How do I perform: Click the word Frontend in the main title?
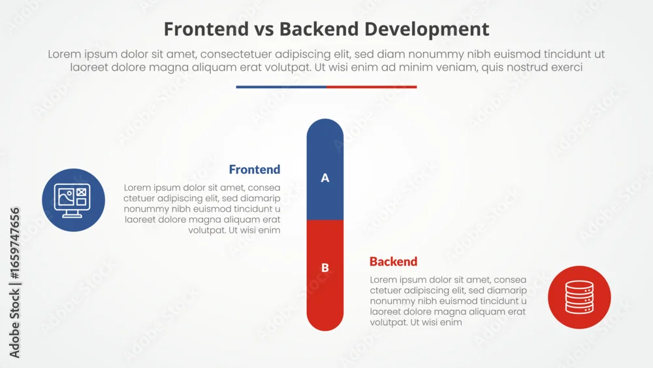pos(206,29)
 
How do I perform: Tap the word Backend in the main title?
pos(319,29)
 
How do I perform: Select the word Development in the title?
pos(427,30)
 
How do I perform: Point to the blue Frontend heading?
pos(255,170)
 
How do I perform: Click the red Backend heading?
pos(393,261)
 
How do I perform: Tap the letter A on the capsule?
pos(325,178)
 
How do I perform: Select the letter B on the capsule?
pos(325,267)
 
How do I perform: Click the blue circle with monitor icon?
pos(73,200)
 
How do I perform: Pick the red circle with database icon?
pos(579,297)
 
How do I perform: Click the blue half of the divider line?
pos(281,87)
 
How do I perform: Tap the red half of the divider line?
pos(372,87)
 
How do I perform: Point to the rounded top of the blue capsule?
pos(325,125)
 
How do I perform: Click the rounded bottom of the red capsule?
pos(325,324)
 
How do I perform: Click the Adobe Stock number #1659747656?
pos(14,243)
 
